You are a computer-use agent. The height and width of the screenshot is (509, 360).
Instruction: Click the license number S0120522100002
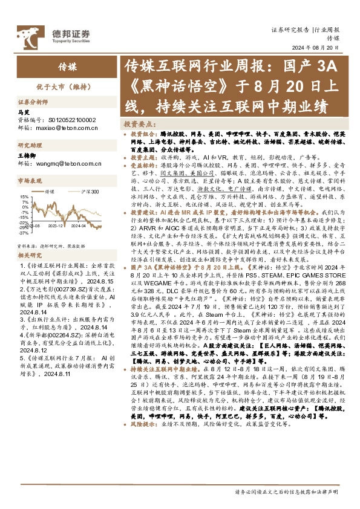click(x=75, y=120)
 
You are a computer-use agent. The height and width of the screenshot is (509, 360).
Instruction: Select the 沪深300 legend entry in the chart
click(x=86, y=190)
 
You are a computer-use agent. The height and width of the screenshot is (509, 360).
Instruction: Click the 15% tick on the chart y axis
click(x=23, y=196)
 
